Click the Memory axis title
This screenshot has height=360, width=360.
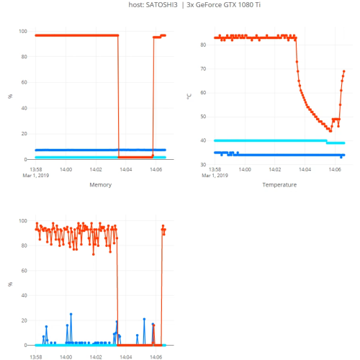click(100, 185)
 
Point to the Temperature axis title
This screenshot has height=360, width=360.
click(279, 185)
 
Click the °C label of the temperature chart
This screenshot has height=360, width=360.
click(189, 95)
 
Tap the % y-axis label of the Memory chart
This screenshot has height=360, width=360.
click(10, 95)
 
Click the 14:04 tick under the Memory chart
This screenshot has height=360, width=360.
click(125, 170)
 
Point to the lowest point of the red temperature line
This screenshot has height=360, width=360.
click(330, 130)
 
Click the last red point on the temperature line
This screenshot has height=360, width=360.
click(344, 71)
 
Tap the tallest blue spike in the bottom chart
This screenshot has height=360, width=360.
click(71, 314)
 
